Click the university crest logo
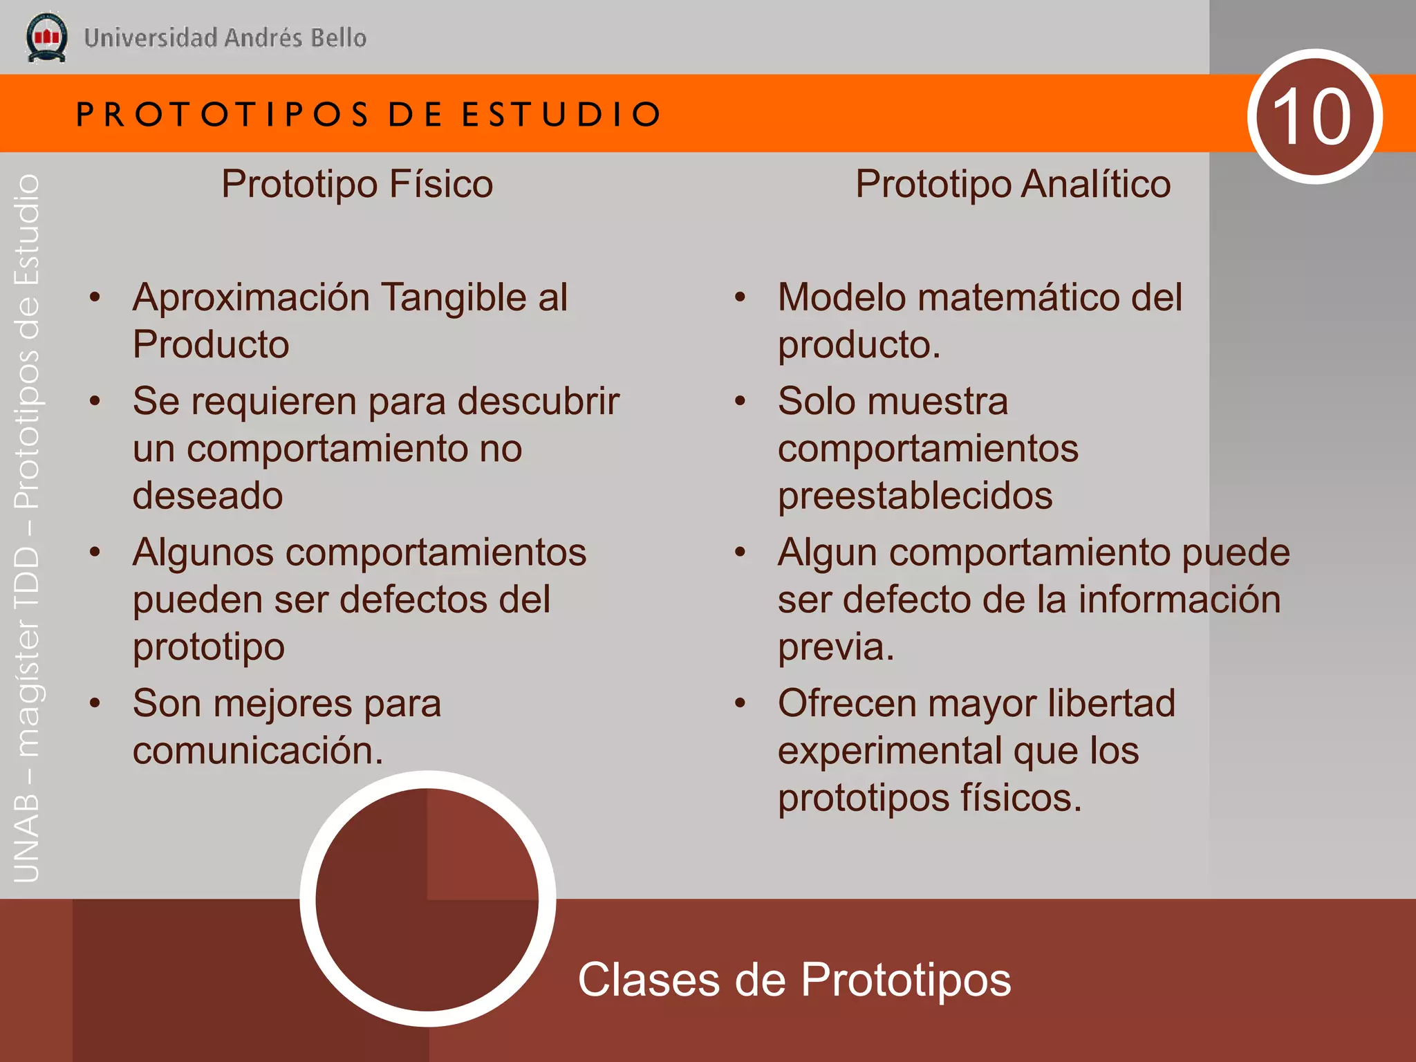point(46,37)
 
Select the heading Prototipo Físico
point(357,184)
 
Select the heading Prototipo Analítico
point(1012,184)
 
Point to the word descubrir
point(539,401)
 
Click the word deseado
point(207,496)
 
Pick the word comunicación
point(257,751)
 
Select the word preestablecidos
point(915,496)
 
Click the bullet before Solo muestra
point(740,401)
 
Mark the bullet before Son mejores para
point(95,704)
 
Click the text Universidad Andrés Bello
point(225,38)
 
